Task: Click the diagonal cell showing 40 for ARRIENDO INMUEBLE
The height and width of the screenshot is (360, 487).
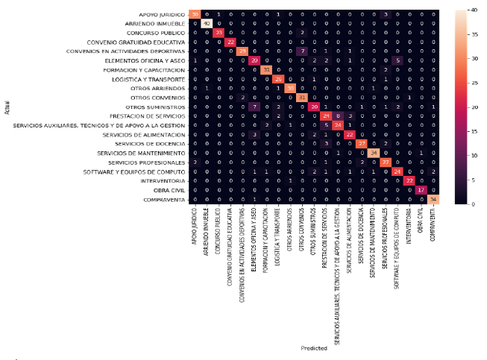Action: tap(207, 24)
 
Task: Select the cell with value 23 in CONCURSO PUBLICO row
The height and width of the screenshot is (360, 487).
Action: tap(219, 33)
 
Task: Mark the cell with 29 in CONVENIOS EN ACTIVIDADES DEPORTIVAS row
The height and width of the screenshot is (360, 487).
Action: tap(242, 51)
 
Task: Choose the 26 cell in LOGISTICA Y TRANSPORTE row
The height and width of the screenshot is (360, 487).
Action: tap(278, 78)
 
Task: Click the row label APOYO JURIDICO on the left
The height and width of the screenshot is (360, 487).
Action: tap(163, 15)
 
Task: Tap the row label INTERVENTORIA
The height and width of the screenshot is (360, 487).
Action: tap(161, 180)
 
